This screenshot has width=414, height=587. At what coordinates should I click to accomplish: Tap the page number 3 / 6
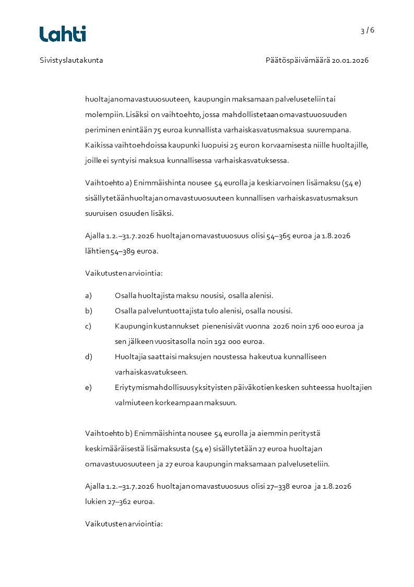[x=367, y=30]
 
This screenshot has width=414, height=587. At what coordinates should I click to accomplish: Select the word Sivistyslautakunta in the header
[x=72, y=60]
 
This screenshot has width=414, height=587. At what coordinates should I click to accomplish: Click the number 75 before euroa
[x=158, y=130]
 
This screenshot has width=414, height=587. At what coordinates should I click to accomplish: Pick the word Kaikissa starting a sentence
[x=99, y=145]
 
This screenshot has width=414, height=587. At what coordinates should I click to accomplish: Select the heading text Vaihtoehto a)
[x=108, y=182]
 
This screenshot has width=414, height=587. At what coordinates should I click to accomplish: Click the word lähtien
[x=97, y=251]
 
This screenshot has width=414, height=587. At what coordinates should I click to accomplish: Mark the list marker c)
[x=88, y=326]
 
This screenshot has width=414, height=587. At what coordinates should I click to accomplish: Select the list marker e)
[x=88, y=387]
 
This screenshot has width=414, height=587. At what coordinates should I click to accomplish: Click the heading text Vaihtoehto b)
[x=108, y=433]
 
